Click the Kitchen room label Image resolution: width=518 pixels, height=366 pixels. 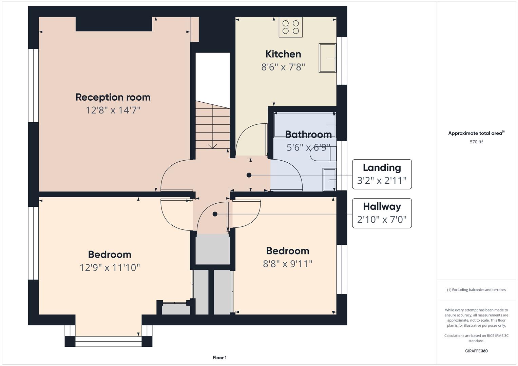pyautogui.click(x=283, y=54)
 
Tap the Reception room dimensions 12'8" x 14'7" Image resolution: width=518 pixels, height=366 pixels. pyautogui.click(x=113, y=110)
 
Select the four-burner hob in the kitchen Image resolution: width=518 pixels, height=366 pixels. pyautogui.click(x=291, y=27)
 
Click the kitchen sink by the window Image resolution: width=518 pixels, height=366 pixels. pyautogui.click(x=327, y=58)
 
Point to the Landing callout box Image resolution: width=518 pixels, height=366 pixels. pyautogui.click(x=382, y=174)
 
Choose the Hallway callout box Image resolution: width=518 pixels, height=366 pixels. pyautogui.click(x=382, y=213)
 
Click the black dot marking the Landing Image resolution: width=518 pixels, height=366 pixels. pyautogui.click(x=249, y=175)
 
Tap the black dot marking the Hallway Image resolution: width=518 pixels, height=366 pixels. pyautogui.click(x=215, y=214)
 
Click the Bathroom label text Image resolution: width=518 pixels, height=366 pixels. pyautogui.click(x=308, y=135)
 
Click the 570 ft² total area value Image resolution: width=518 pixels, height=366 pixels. pyautogui.click(x=476, y=142)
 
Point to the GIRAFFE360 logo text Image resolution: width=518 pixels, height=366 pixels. pyautogui.click(x=476, y=351)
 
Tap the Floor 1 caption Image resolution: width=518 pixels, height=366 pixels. pyautogui.click(x=219, y=358)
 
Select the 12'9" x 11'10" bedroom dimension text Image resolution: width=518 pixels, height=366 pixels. pyautogui.click(x=110, y=268)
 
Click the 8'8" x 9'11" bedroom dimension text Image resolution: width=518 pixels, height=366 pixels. pyautogui.click(x=288, y=264)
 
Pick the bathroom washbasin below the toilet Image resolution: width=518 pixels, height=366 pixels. pyautogui.click(x=329, y=180)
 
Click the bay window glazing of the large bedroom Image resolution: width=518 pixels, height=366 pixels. pyautogui.click(x=109, y=341)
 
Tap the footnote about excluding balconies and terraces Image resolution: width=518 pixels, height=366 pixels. pyautogui.click(x=476, y=290)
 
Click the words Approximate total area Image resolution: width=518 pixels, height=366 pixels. pyautogui.click(x=475, y=133)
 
